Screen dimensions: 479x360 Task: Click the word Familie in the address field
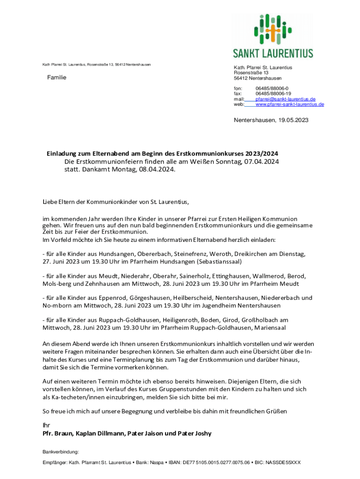(x=57, y=77)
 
